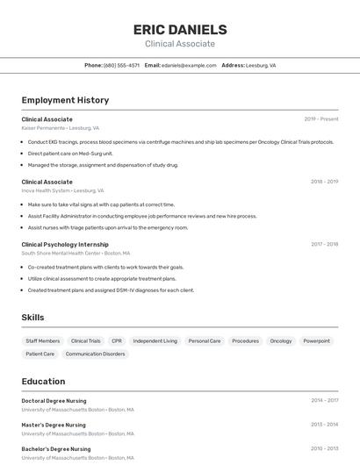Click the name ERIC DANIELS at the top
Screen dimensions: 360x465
point(179,29)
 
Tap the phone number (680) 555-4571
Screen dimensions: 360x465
point(121,65)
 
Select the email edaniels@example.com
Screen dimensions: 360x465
point(188,65)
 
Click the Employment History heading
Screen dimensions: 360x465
point(65,100)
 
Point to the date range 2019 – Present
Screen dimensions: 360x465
point(320,118)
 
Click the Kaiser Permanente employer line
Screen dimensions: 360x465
point(60,127)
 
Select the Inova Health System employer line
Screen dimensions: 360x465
point(62,190)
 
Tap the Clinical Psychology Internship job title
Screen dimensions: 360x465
point(65,245)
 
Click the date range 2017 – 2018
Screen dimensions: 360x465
point(324,245)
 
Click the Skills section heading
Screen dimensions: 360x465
point(32,318)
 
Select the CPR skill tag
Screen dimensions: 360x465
point(117,340)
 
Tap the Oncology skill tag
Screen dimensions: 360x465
point(281,340)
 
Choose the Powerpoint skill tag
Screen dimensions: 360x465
point(317,340)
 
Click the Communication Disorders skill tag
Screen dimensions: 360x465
point(95,354)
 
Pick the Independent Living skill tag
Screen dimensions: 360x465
point(155,340)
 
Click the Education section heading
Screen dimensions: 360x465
point(43,382)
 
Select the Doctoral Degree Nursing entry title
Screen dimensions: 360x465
point(54,401)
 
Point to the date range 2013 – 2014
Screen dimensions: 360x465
point(324,425)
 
